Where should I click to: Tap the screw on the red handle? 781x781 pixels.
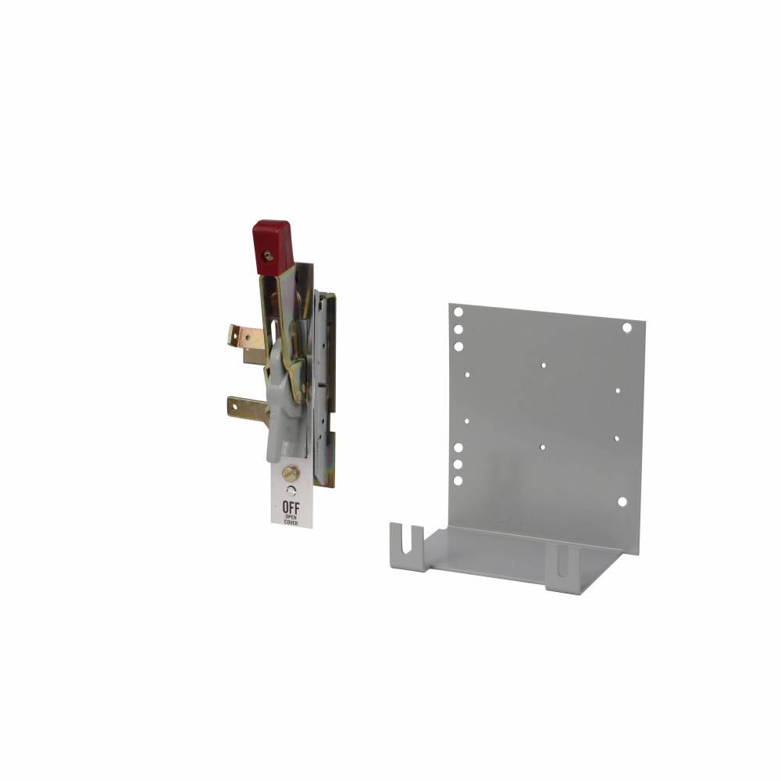(268, 255)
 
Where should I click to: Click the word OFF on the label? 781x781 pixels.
(291, 508)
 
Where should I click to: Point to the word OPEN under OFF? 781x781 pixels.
(291, 517)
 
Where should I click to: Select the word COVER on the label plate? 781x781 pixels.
(291, 522)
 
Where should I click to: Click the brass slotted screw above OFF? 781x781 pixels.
(291, 473)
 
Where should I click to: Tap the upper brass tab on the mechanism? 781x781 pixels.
(244, 337)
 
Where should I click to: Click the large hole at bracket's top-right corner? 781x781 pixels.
(626, 327)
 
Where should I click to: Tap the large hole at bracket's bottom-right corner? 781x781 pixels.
(622, 502)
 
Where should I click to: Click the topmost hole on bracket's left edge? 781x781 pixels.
(458, 311)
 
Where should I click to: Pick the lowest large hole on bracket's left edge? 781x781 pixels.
(458, 481)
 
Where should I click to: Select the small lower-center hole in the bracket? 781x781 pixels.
(542, 448)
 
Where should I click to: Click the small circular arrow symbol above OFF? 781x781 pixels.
(291, 490)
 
